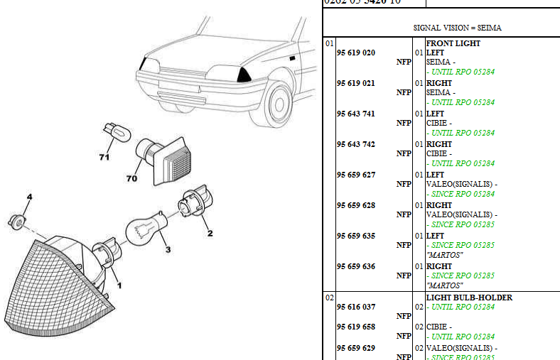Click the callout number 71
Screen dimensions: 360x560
104,157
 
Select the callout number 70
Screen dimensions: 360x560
131,178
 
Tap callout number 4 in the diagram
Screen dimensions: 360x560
29,196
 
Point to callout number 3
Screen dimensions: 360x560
168,249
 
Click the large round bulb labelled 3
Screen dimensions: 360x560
146,228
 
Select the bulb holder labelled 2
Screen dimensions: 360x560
193,205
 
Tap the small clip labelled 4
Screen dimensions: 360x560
19,220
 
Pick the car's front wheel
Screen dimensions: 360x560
277,104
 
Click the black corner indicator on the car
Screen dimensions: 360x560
246,75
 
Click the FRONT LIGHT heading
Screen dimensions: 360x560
453,43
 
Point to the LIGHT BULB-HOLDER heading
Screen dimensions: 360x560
468,298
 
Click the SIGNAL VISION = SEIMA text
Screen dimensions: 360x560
457,28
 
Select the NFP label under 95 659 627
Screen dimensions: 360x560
404,184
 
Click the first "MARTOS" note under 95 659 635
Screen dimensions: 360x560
444,255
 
